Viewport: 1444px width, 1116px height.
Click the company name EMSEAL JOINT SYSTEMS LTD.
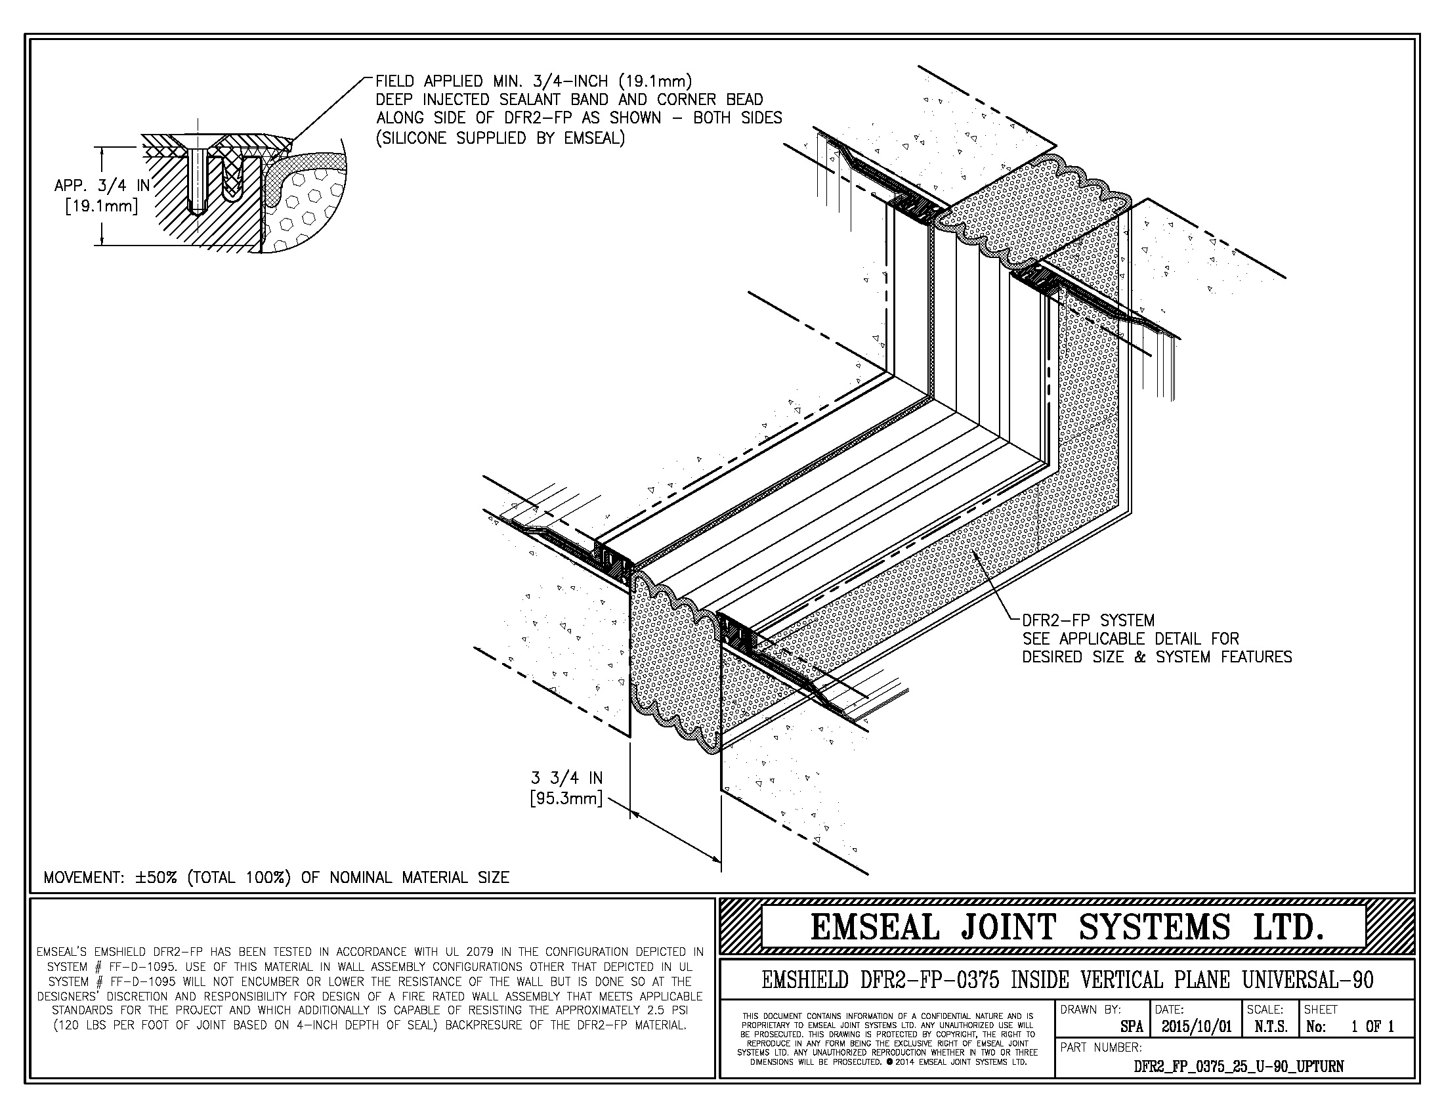coord(1067,927)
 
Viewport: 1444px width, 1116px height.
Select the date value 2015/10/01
coord(1197,1027)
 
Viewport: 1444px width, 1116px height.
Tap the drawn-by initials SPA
coord(1132,1027)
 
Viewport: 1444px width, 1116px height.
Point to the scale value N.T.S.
coord(1270,1027)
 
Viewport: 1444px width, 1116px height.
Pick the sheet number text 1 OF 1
coord(1372,1027)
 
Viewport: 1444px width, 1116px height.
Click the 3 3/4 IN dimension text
coord(566,778)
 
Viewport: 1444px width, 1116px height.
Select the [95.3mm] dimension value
coord(566,799)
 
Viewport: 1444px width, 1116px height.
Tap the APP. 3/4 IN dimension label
coord(102,186)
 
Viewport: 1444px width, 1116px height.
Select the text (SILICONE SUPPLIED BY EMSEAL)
coord(500,138)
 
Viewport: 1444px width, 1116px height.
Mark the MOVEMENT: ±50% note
coord(276,877)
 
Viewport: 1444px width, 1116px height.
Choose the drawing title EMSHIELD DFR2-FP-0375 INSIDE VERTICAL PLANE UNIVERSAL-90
coord(1067,979)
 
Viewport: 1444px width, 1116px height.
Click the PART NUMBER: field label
coord(1101,1048)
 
